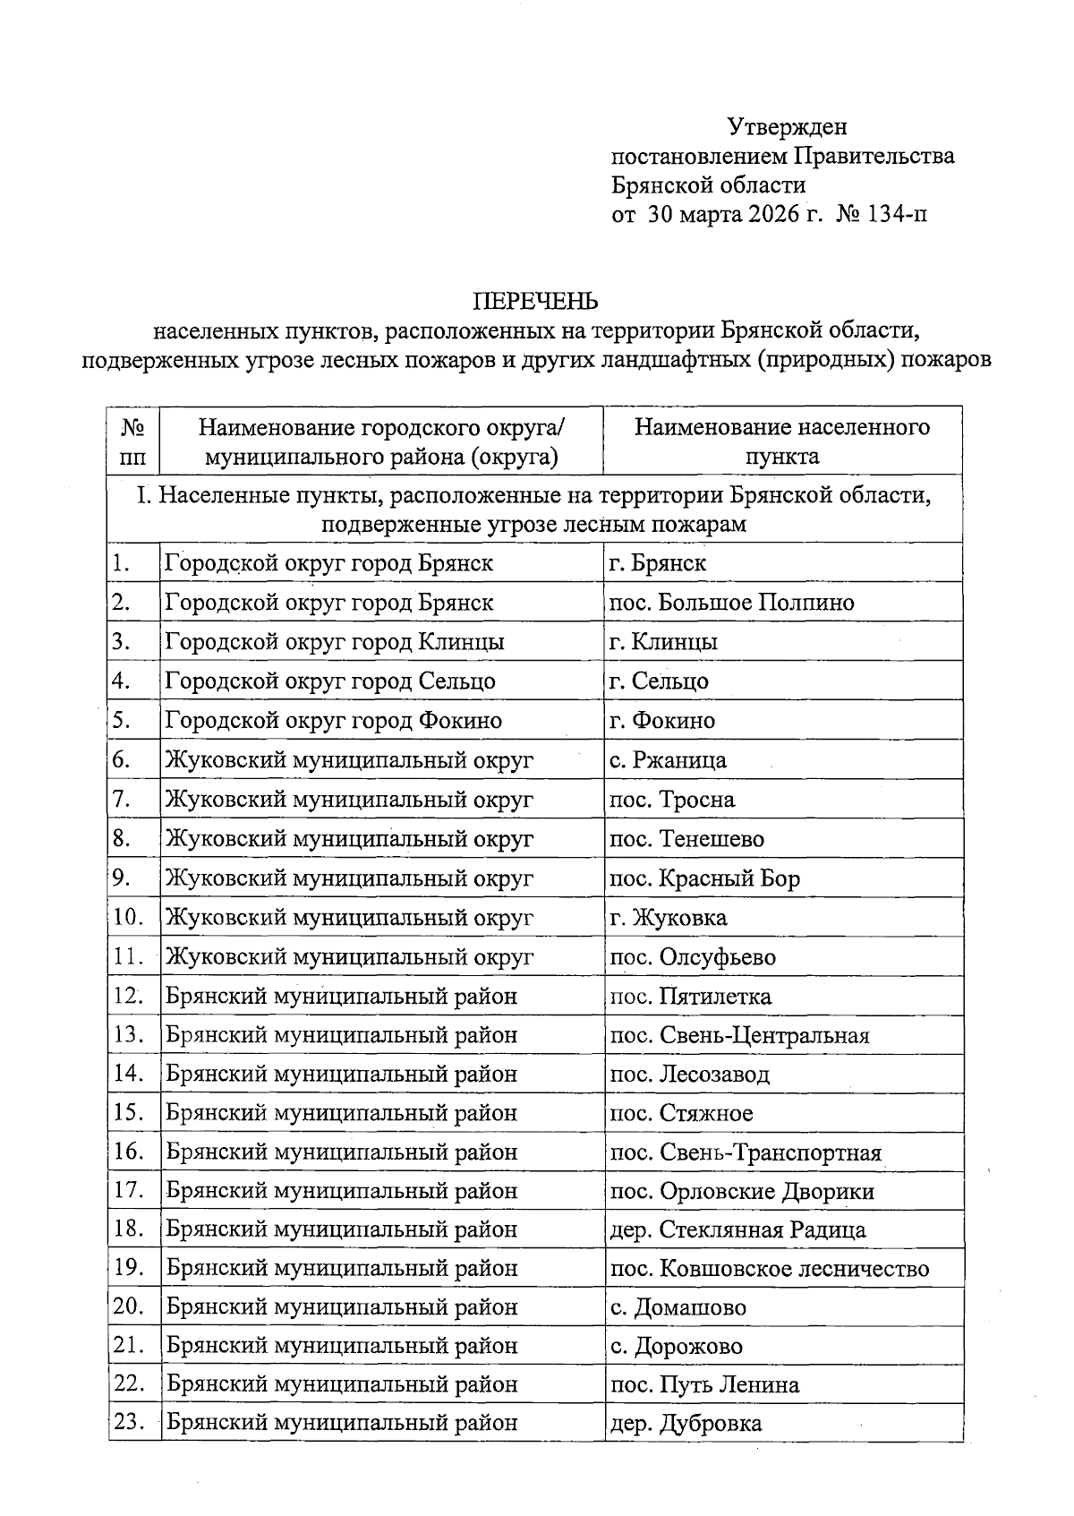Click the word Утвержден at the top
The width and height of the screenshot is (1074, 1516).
coord(787,127)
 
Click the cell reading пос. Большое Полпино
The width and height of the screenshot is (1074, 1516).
coord(731,603)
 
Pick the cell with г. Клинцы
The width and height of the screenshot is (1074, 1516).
coord(663,642)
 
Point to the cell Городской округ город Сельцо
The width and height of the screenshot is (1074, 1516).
coord(330,681)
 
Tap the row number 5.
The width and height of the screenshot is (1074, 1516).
coord(123,720)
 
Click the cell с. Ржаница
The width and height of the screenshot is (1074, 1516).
coord(668,760)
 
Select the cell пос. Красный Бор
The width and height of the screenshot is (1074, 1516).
coord(704,878)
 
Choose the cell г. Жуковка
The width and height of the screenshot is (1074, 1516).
coord(668,918)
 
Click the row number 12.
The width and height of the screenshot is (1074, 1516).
coord(129,996)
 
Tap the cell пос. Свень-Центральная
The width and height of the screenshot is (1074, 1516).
coord(739,1035)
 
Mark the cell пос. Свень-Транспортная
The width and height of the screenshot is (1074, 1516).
coord(746,1152)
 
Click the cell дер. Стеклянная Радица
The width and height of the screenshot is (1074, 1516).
coord(737,1230)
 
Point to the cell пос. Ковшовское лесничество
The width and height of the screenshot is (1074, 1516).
coord(769,1269)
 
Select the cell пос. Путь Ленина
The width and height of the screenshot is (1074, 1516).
coord(704,1385)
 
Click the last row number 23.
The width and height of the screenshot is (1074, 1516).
coord(129,1422)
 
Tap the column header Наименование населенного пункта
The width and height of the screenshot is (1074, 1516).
coord(782,441)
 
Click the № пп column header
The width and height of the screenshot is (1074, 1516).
coord(132,441)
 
